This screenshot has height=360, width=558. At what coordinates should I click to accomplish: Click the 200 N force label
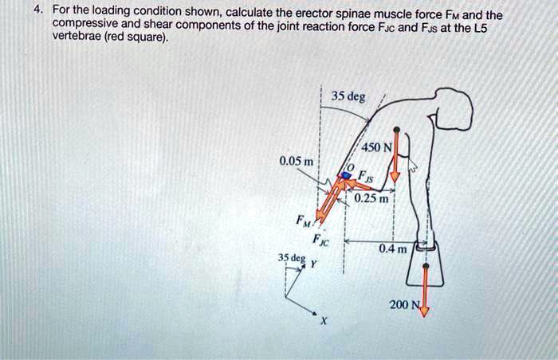point(403,305)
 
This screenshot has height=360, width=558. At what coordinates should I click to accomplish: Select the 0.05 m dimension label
point(297,162)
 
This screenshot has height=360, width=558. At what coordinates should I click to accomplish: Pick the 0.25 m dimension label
point(371,198)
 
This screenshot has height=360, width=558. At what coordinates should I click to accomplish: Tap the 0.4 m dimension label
point(392,249)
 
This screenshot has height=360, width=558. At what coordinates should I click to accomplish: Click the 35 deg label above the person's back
point(348,97)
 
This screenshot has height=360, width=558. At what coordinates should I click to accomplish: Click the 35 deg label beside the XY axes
point(291,258)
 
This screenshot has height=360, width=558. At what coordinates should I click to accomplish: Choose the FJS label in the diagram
point(363,178)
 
